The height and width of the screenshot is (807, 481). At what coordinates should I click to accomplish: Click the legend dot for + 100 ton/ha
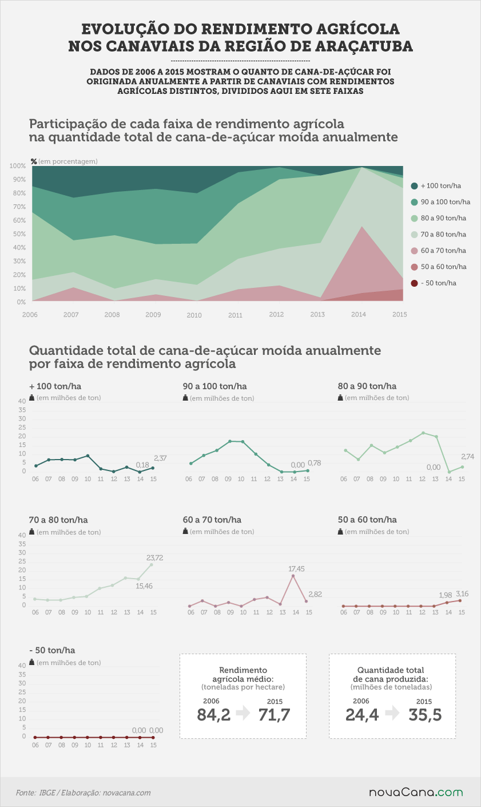point(414,186)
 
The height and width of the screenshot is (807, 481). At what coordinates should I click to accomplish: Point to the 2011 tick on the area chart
point(235,315)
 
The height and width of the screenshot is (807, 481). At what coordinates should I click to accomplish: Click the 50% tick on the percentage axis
point(19,234)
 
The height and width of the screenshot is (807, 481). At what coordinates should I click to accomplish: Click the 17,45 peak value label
point(296,569)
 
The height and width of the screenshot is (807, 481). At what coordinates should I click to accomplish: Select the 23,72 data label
point(154,557)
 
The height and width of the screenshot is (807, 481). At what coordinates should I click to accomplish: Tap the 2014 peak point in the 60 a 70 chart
point(293,576)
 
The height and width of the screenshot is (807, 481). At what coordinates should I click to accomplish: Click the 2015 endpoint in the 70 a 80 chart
point(151,564)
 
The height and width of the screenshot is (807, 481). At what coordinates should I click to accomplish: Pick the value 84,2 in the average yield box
point(213,715)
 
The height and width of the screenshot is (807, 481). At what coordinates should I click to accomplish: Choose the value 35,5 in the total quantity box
point(425,715)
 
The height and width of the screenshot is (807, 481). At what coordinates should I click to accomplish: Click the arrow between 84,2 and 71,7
point(244,713)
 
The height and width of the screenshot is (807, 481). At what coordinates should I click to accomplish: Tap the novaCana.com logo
point(416,792)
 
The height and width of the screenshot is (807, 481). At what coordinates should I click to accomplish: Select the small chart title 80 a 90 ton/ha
point(367,386)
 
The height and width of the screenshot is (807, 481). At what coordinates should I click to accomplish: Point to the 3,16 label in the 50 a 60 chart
point(462,594)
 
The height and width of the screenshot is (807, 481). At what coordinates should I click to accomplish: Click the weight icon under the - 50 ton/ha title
point(31,662)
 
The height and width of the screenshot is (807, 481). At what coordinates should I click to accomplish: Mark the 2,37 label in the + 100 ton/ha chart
point(160,458)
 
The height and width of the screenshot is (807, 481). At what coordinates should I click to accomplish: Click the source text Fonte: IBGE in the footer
point(35,793)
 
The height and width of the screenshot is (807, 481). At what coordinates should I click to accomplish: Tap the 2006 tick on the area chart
point(30,315)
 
